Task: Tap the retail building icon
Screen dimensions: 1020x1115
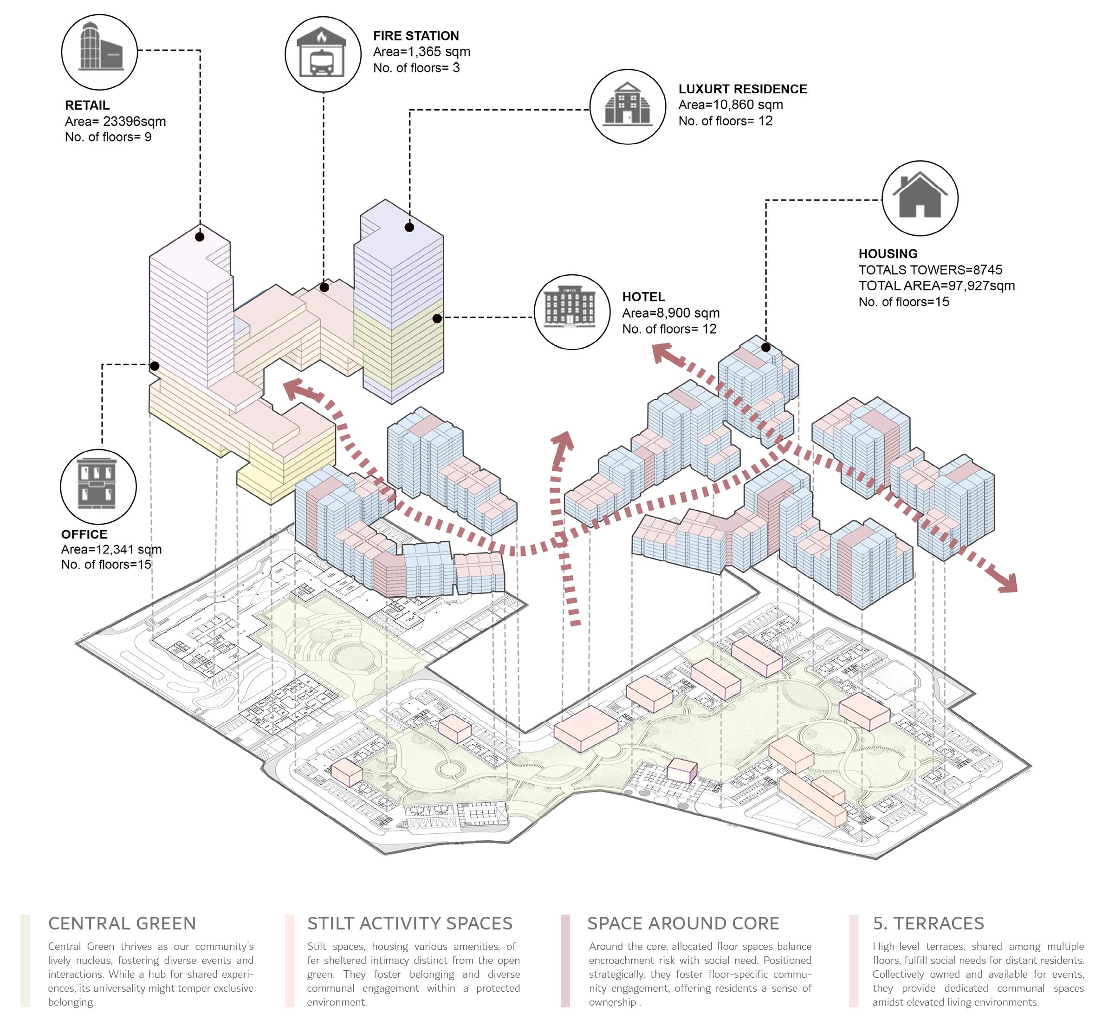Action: coord(99,52)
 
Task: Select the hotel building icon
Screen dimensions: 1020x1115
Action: coord(571,312)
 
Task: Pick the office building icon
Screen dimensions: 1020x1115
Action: coord(98,486)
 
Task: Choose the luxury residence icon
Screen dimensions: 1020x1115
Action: coord(628,106)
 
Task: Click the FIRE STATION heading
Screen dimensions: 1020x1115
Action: coord(416,36)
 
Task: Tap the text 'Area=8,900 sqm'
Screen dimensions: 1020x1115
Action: coord(671,313)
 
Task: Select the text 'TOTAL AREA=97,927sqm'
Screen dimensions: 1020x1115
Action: coord(936,286)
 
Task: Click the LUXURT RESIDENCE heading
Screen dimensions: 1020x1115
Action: coord(743,89)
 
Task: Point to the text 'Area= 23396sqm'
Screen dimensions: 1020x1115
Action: coord(115,121)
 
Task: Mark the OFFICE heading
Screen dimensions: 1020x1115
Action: coord(84,534)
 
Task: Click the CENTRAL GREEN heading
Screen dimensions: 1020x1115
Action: coord(122,923)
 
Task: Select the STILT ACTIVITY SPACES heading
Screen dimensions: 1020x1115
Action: coord(410,923)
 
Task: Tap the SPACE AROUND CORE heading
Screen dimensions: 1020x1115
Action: coord(683,923)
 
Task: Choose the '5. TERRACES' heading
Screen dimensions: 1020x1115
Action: coord(928,923)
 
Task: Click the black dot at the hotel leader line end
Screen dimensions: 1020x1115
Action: coord(437,318)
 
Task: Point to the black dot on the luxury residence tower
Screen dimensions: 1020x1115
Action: coord(409,227)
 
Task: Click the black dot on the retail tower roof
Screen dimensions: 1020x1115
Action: coord(200,237)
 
